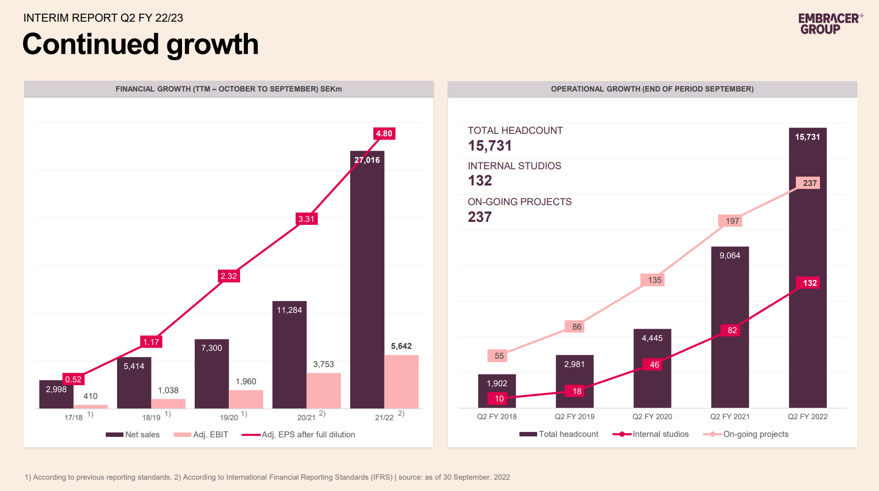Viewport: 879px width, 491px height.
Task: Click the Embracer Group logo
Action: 830,24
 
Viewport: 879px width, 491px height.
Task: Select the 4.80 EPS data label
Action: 384,133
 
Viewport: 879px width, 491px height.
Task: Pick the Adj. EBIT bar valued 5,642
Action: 401,381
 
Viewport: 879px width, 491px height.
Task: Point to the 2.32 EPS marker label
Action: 229,276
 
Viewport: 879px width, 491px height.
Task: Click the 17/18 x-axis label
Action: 74,417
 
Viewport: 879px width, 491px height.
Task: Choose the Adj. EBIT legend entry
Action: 201,434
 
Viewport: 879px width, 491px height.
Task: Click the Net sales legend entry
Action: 133,434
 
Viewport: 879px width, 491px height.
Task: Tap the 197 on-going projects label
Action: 732,221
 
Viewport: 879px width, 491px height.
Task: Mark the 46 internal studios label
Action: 654,365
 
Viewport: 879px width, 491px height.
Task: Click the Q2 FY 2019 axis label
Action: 575,417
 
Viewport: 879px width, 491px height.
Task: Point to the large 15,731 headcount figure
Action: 490,146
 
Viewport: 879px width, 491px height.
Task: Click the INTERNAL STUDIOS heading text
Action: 514,166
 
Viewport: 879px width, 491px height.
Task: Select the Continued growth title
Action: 140,44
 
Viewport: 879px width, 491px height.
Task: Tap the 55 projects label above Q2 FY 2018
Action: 499,356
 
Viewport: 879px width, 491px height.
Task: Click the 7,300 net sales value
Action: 212,348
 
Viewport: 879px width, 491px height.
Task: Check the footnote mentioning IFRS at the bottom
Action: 267,477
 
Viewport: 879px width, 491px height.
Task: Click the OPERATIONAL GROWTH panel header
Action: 652,89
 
